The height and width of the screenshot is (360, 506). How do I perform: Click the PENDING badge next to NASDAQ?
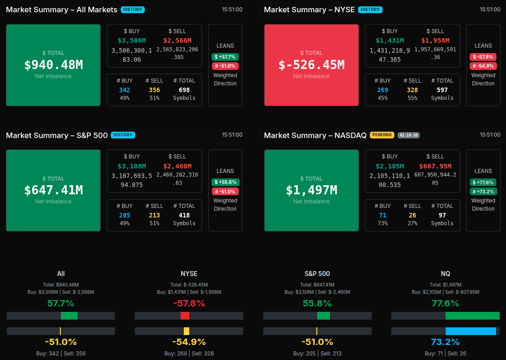(x=382, y=135)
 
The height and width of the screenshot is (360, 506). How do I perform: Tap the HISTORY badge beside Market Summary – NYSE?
(x=370, y=10)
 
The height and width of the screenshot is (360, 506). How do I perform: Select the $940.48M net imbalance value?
(x=54, y=65)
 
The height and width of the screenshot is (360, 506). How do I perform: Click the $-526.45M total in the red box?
(x=311, y=65)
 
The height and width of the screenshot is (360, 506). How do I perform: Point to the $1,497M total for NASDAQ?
(x=311, y=190)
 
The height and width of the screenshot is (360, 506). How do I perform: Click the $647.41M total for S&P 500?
(x=54, y=190)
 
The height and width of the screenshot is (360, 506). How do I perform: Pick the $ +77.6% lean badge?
(x=483, y=182)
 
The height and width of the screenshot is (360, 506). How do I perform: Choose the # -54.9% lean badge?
(x=483, y=66)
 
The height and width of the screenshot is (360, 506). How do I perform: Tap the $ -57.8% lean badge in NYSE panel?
(x=483, y=57)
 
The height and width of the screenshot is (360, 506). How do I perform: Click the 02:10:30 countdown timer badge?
(x=408, y=135)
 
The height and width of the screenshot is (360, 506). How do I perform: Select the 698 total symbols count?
(x=184, y=90)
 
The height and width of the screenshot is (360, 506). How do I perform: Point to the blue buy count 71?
(x=383, y=215)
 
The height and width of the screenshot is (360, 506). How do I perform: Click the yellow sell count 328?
(x=412, y=90)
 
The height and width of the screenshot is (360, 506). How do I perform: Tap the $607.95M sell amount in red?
(x=435, y=166)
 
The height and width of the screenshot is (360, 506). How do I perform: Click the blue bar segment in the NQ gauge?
(x=471, y=331)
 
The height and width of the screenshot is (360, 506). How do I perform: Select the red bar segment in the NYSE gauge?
(x=185, y=316)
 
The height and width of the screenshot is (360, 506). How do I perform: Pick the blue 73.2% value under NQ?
(x=445, y=342)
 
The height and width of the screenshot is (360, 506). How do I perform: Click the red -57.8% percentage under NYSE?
(x=189, y=303)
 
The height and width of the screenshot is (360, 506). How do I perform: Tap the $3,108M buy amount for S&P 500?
(x=132, y=166)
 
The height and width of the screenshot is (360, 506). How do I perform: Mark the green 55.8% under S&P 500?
(x=317, y=303)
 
